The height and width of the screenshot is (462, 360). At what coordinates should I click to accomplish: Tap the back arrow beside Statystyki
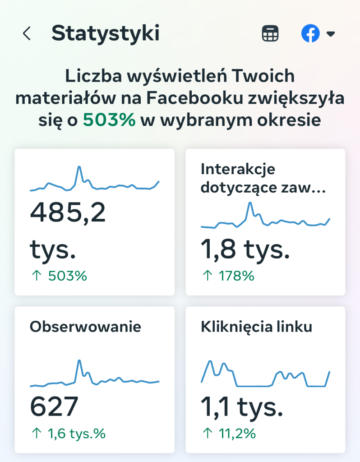pos(27,33)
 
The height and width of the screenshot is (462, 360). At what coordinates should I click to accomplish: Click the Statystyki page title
pos(106,33)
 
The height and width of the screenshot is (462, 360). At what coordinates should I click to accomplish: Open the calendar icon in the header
pos(270,33)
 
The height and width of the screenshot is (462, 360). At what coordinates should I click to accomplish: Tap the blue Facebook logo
pos(310,33)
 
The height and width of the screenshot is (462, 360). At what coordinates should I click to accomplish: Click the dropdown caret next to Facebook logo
pos(331,34)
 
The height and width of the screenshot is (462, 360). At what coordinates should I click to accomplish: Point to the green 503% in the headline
pos(109,120)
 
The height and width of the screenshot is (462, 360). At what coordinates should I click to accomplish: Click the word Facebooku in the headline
pos(194,98)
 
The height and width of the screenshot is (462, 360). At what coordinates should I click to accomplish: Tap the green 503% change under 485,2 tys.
pos(68,276)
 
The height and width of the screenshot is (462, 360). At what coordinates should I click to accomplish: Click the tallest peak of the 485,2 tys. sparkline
pos(79,167)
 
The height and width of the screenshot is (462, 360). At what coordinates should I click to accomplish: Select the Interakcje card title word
pos(238,169)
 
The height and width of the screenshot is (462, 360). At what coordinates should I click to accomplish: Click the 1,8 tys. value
pos(245,249)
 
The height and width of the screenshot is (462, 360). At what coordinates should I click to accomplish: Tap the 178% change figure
pos(236,276)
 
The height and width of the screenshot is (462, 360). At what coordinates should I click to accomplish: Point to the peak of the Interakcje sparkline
pos(250,203)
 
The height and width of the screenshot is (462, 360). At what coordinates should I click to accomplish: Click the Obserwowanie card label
pos(85,327)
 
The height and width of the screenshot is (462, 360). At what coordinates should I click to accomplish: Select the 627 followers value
pos(54,407)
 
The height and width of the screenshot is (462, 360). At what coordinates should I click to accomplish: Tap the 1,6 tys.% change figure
pos(77,434)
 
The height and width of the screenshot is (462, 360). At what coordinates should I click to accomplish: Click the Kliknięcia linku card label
pos(256,327)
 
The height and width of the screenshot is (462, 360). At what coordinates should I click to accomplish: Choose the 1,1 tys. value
pos(242,407)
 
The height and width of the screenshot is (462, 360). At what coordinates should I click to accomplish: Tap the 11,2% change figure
pos(237,434)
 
